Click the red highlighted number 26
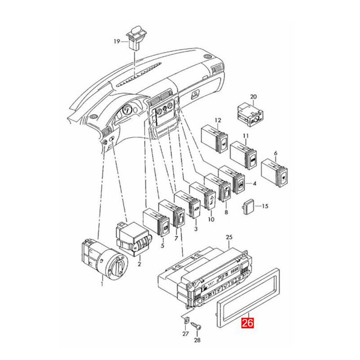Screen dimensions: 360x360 (247, 323)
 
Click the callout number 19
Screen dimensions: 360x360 (117, 41)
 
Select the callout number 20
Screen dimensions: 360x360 (253, 97)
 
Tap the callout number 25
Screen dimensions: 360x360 (229, 237)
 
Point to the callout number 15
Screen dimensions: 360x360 (265, 206)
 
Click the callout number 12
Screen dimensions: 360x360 (218, 120)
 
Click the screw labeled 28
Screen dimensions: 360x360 (196, 326)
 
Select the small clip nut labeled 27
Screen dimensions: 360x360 (186, 319)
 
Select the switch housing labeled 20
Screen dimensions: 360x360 (250, 114)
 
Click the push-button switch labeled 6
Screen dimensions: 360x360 (274, 171)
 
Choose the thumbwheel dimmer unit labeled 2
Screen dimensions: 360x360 (132, 239)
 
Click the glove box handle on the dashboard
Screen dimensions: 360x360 (194, 94)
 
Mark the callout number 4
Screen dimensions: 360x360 (254, 184)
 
